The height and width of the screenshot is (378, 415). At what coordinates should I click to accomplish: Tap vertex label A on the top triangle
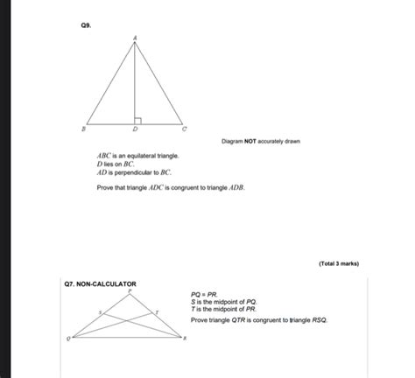pos(135,37)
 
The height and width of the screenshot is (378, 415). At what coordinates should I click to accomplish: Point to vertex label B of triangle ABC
pos(82,128)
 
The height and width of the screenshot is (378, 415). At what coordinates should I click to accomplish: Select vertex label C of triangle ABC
pos(185,128)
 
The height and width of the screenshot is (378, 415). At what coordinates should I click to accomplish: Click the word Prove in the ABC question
pos(106,187)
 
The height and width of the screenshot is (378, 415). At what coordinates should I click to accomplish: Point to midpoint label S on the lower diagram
pos(101,310)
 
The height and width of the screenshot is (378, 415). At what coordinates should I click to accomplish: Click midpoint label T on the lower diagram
pos(157,310)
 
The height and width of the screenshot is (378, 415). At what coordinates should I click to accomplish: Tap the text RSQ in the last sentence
pos(317,321)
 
